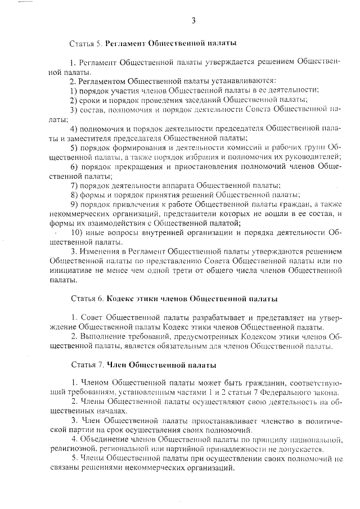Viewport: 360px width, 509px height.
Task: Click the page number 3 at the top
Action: pos(193,21)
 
